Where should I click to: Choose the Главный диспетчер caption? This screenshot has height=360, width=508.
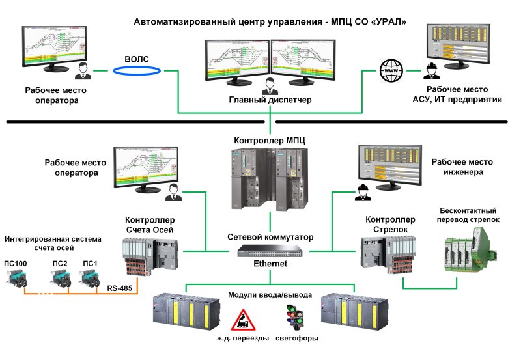click(270, 100)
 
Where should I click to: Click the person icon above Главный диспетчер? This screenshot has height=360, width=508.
click(270, 84)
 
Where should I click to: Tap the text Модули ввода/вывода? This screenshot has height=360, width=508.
click(269, 294)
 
